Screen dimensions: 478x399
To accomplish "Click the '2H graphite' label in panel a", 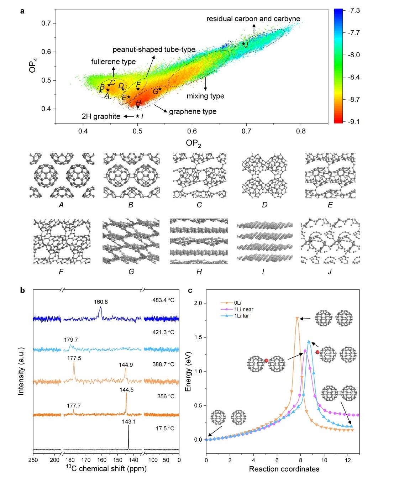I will pos(101,116).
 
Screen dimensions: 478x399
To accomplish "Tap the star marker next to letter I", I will pos(137,116).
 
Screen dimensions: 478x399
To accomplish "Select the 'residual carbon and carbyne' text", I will pos(253,19).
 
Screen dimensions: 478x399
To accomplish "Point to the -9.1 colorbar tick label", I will pos(354,122).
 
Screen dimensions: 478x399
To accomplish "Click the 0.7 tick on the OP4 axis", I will pos(46,23).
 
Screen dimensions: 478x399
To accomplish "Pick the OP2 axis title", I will pos(193,143).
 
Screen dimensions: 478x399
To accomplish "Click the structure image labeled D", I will pos(264,176).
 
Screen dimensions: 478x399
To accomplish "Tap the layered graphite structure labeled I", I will pos(265,241).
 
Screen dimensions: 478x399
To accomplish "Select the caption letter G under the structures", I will pos(131,272).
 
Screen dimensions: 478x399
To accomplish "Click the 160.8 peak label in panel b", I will pos(101,302).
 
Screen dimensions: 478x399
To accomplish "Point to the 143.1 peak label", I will pos(129,421).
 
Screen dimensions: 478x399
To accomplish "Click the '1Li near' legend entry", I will pos(243,309).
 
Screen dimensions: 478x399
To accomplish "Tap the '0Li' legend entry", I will pos(238,303).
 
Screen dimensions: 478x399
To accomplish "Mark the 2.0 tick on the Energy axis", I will pos(198,303).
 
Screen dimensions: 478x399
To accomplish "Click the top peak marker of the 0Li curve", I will pos(297,318).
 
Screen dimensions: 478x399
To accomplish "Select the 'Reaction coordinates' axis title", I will pos(284,469).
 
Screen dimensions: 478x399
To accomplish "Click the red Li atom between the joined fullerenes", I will pos(266,361).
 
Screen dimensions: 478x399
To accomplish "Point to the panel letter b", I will pos(22,290).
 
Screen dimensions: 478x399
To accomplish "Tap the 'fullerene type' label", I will pos(113,62).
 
